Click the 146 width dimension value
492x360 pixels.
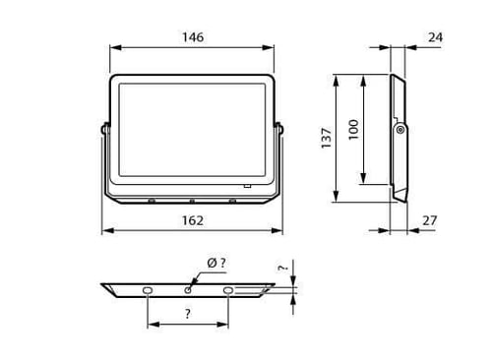[x=193, y=37]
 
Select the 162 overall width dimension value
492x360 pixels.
[x=193, y=220]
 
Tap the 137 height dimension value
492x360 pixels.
[x=327, y=138]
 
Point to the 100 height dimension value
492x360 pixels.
[x=353, y=130]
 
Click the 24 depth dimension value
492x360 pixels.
[x=435, y=37]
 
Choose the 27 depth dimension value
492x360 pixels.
[x=430, y=220]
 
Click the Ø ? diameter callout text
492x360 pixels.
[x=216, y=263]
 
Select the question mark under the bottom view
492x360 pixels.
[x=187, y=314]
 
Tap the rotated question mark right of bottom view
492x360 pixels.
[x=282, y=268]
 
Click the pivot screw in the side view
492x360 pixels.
[x=400, y=130]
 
